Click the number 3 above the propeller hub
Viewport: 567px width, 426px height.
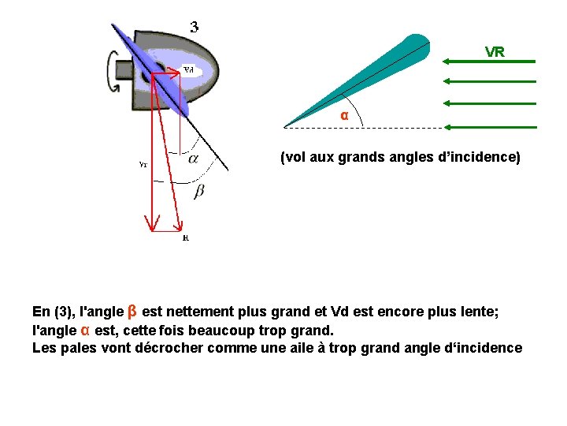(x=194, y=26)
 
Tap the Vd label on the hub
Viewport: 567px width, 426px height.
(x=189, y=69)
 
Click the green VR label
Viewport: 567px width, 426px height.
(x=495, y=52)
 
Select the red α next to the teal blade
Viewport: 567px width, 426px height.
(x=343, y=115)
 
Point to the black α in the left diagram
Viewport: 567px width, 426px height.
(x=192, y=158)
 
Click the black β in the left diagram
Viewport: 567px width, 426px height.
(x=198, y=191)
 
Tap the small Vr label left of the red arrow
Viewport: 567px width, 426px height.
(x=143, y=165)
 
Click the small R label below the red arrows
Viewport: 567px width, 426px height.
(x=185, y=237)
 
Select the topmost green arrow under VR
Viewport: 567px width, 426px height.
(x=489, y=61)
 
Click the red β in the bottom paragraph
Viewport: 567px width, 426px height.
(x=132, y=311)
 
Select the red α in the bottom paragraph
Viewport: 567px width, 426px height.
(x=85, y=330)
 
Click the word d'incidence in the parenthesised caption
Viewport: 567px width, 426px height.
(x=480, y=157)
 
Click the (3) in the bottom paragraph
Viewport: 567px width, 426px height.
(x=64, y=312)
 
